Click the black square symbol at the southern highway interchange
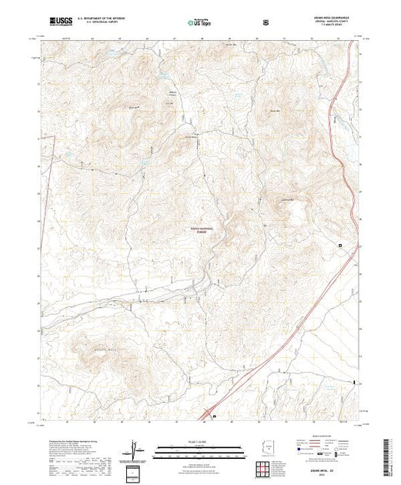(214, 419)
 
